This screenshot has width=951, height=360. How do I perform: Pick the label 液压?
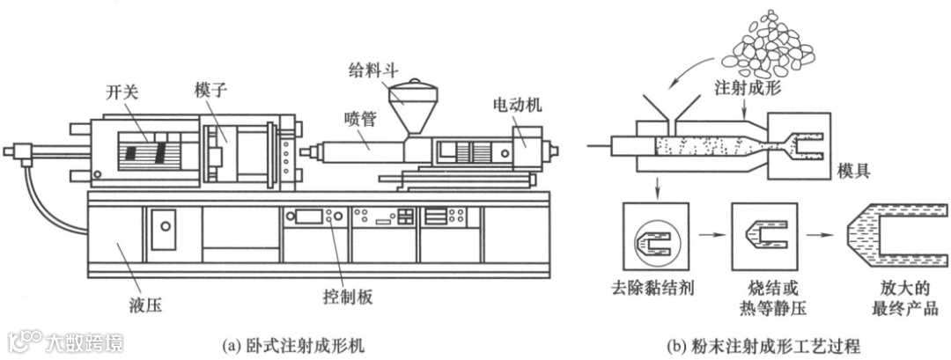click(x=146, y=306)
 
